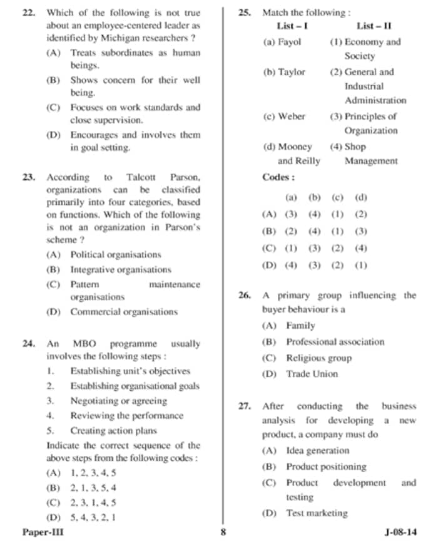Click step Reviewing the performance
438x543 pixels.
click(x=126, y=415)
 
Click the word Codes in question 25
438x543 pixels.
click(x=278, y=177)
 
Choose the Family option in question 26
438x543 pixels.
click(x=300, y=326)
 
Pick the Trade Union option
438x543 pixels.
click(x=312, y=374)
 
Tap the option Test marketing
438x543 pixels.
click(x=317, y=513)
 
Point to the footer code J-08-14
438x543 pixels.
click(x=400, y=532)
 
